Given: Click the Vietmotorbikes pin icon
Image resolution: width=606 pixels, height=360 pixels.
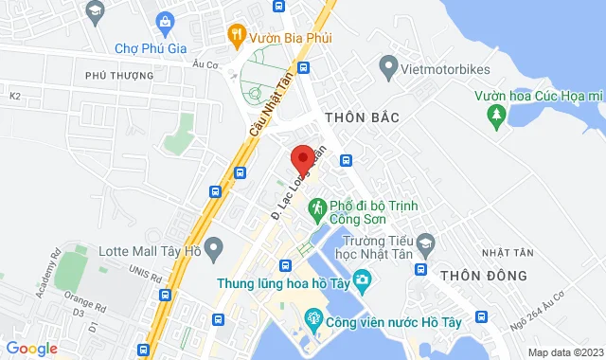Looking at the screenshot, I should click(387, 67).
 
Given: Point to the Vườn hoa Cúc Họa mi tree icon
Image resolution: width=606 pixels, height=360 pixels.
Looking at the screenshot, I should click(495, 115).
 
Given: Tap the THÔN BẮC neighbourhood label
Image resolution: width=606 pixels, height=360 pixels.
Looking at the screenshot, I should click(362, 117).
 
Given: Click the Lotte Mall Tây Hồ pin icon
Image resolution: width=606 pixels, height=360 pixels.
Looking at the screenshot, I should click(215, 252).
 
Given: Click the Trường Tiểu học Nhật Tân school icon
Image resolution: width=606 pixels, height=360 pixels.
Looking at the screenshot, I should click(425, 243).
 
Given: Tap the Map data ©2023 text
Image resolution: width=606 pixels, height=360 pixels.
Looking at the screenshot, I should click(562, 352).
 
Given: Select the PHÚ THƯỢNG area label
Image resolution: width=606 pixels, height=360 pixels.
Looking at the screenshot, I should click(118, 75).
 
